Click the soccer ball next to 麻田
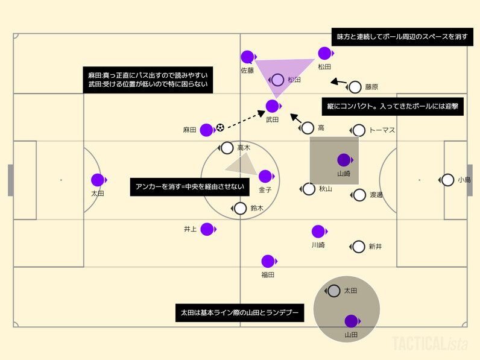point(220,127)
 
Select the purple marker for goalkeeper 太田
point(98,180)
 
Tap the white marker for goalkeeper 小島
point(447,180)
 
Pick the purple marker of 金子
point(265,176)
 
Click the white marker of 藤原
point(355,87)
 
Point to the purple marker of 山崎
point(344,160)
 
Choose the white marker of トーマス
point(359,130)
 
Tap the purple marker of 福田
point(268,261)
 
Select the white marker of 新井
point(359,246)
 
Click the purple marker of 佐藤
point(247,57)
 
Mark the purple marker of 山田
point(351,321)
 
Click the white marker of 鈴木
point(240,209)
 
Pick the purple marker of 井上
point(207,229)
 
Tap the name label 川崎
point(318,245)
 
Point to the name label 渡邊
point(377,195)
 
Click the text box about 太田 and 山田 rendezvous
point(239,313)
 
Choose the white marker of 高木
point(227,148)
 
